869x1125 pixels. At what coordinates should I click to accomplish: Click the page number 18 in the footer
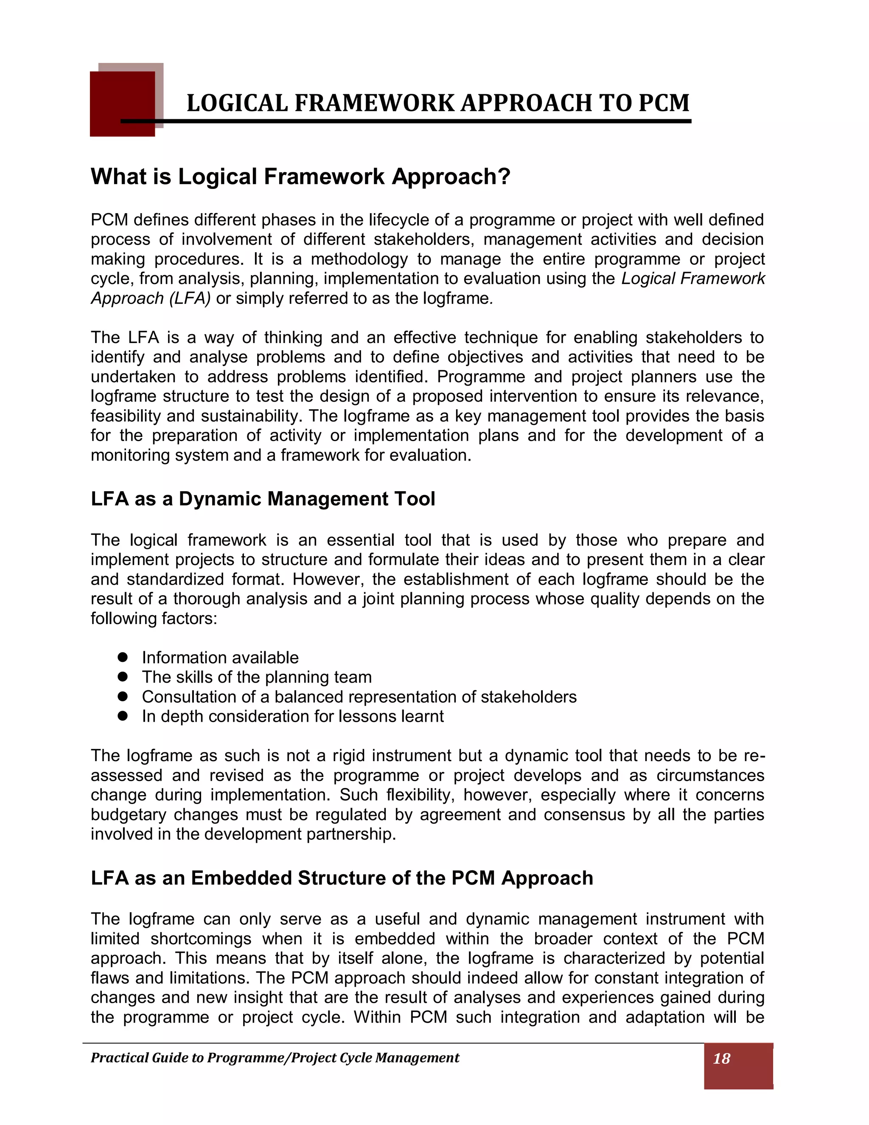click(x=721, y=1058)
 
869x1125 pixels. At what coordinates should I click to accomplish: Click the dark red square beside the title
click(x=122, y=104)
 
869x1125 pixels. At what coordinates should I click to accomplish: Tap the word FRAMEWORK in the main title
click(x=374, y=103)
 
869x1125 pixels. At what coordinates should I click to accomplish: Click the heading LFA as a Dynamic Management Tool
click(x=263, y=499)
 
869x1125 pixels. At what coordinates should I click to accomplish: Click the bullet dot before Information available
click(x=123, y=657)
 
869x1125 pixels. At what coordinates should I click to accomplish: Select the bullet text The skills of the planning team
click(x=256, y=677)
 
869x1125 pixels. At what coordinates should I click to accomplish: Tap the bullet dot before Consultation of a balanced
click(x=123, y=696)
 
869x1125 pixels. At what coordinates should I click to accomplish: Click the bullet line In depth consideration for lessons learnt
click(x=292, y=716)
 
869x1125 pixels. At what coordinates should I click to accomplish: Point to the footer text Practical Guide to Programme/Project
click(x=275, y=1058)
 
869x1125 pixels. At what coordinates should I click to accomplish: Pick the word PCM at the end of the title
click(x=664, y=103)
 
